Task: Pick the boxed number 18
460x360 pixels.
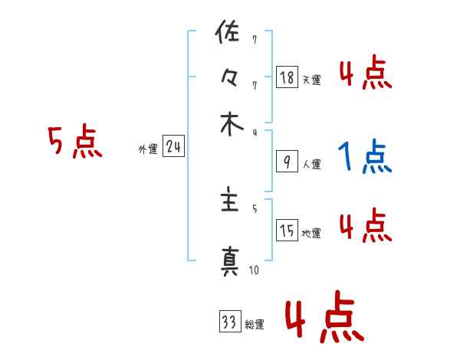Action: tap(287, 77)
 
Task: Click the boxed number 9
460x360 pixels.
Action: tap(287, 161)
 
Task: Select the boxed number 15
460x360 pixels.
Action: tap(287, 231)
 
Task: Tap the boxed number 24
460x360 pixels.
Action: tap(173, 147)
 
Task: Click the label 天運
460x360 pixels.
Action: tap(311, 80)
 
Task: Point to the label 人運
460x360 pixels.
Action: tap(311, 164)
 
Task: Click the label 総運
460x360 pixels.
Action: tap(255, 324)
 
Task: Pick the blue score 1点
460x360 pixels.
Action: tap(364, 157)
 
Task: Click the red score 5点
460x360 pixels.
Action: tap(75, 142)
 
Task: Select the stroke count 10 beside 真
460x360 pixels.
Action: tap(254, 270)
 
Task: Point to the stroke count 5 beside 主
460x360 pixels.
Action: tap(255, 208)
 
